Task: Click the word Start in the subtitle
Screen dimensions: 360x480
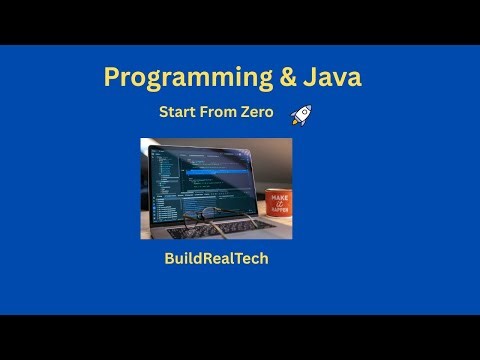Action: coord(178,113)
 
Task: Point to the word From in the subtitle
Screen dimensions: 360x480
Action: coord(220,113)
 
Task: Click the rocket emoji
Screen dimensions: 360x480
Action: coord(299,115)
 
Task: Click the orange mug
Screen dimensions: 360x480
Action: coord(277,206)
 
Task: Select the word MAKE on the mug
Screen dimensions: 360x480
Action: coord(278,198)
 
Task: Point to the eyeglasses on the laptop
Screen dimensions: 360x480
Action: coord(205,215)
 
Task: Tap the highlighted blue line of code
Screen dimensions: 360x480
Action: coord(205,171)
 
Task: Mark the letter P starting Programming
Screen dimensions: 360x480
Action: coord(112,78)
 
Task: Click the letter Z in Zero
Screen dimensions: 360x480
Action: coord(246,113)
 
